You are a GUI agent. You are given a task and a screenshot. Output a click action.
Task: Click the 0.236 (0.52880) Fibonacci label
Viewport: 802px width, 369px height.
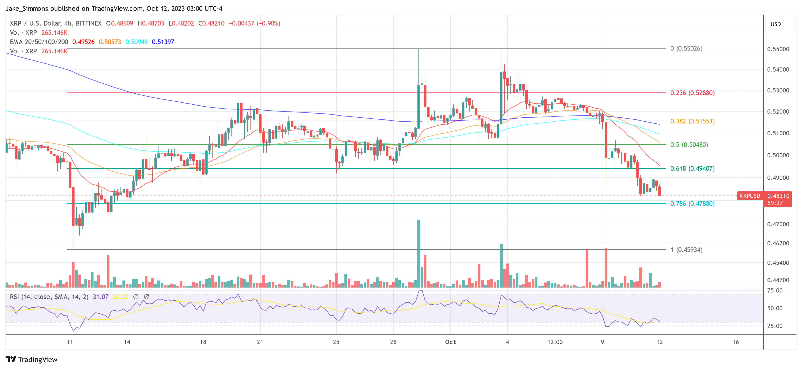pyautogui.click(x=692, y=93)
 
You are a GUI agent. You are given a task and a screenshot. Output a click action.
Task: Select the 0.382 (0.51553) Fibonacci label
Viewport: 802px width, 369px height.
pyautogui.click(x=692, y=121)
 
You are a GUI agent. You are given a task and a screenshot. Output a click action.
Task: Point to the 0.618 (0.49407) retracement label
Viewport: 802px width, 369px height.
pyautogui.click(x=692, y=168)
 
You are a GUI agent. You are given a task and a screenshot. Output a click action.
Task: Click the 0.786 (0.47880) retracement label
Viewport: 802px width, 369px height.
pyautogui.click(x=692, y=204)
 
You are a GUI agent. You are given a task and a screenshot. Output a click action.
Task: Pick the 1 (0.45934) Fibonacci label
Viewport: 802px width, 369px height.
pyautogui.click(x=686, y=250)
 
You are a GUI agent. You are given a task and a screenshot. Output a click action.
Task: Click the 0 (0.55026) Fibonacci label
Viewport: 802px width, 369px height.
pyautogui.click(x=686, y=49)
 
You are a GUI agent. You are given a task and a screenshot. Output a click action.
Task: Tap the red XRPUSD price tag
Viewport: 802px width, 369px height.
pyautogui.click(x=749, y=196)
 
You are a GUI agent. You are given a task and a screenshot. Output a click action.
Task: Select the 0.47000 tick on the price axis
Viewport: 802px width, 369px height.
pyautogui.click(x=778, y=224)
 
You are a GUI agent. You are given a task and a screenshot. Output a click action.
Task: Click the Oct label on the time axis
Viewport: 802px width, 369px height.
pyautogui.click(x=450, y=342)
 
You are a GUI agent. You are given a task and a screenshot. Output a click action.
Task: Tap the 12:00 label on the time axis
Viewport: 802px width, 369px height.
pyautogui.click(x=555, y=342)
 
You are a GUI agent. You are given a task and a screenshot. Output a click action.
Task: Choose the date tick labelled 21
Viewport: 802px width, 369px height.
pyautogui.click(x=260, y=342)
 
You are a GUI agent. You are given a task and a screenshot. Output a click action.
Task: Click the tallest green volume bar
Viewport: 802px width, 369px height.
pyautogui.click(x=419, y=253)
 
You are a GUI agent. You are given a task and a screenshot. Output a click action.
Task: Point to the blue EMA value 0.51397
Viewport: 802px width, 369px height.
pyautogui.click(x=163, y=42)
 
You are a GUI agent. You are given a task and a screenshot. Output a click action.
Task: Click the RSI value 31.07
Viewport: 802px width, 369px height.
pyautogui.click(x=101, y=297)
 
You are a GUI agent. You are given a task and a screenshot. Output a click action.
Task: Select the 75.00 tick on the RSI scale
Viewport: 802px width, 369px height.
pyautogui.click(x=775, y=290)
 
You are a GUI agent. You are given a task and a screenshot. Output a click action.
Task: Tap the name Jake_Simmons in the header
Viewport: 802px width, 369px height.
pyautogui.click(x=27, y=8)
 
